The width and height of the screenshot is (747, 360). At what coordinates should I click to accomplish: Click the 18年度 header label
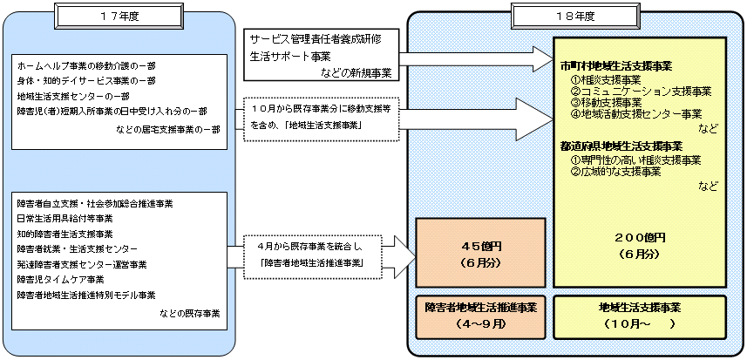pos(551,17)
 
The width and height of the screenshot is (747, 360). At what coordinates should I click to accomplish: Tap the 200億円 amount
pos(640,237)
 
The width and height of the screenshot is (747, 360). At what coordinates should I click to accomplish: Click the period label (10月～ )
pos(640,323)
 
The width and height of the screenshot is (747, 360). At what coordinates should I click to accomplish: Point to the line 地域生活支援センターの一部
pos(70,96)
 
